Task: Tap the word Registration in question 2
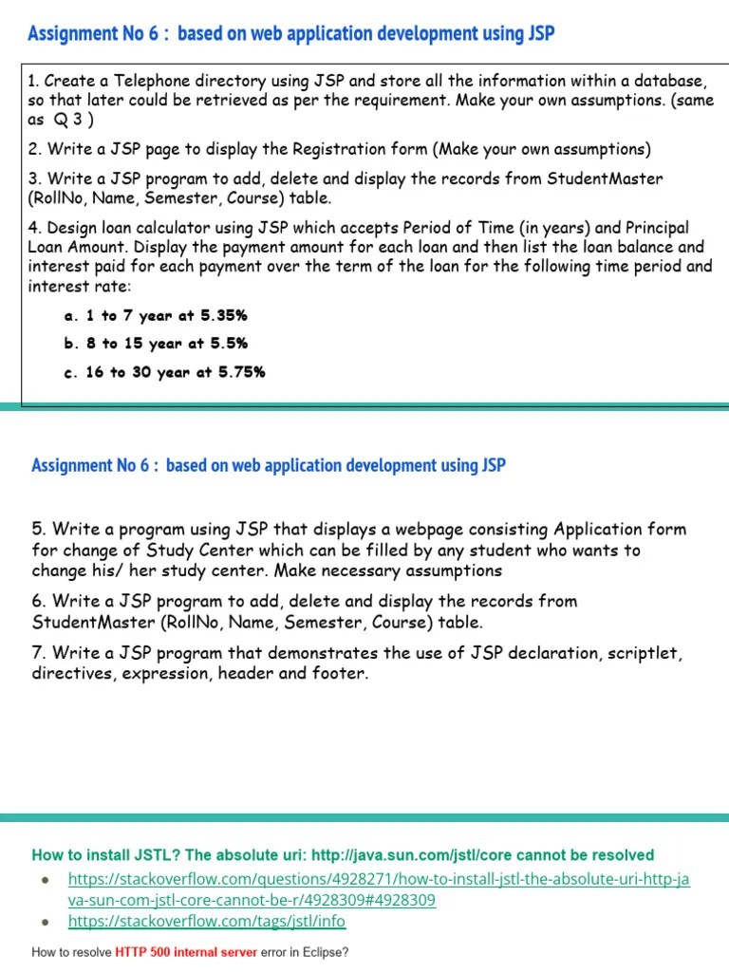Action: [312, 149]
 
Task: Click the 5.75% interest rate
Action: [242, 372]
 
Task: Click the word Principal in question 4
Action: [657, 228]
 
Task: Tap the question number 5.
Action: [38, 529]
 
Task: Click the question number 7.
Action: [38, 653]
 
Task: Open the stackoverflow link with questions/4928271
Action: [379, 880]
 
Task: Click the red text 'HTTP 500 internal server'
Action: [186, 952]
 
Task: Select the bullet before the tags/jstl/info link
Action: [45, 921]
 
